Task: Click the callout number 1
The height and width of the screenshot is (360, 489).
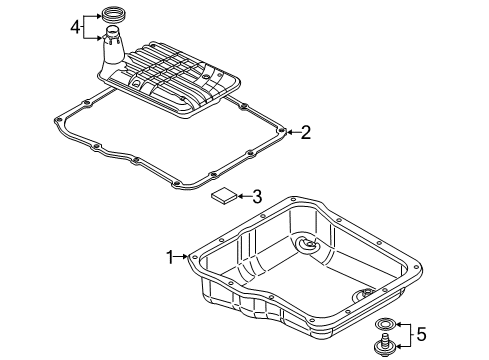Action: click(x=169, y=256)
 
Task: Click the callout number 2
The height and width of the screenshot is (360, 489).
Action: click(x=307, y=131)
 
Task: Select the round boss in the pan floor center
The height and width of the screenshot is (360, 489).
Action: click(x=306, y=246)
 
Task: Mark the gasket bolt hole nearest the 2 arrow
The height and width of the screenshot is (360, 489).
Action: click(x=281, y=131)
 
